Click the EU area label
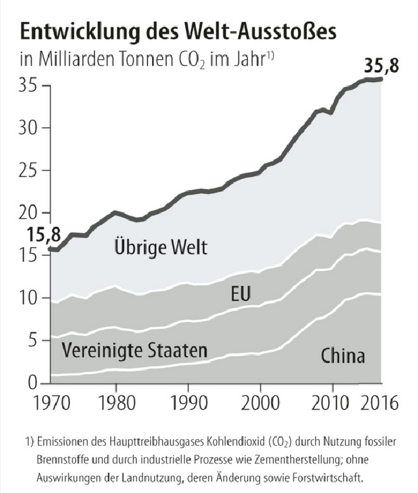point(239,295)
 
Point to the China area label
point(343,355)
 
